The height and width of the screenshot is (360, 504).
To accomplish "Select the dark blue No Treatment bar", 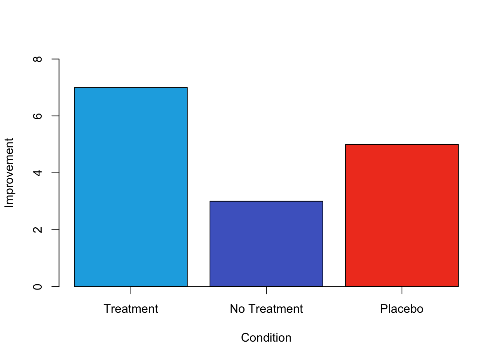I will pyautogui.click(x=266, y=244).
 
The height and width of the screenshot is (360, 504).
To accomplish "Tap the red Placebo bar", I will pyautogui.click(x=402, y=215).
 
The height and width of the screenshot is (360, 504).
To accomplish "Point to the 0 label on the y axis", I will pyautogui.click(x=37, y=287).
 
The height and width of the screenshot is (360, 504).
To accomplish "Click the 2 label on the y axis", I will pyautogui.click(x=37, y=229).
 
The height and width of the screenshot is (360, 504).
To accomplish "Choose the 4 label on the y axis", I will pyautogui.click(x=37, y=173).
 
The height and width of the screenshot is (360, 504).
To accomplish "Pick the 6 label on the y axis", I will pyautogui.click(x=37, y=116).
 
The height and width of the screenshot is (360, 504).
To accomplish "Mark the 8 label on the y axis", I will pyautogui.click(x=37, y=59).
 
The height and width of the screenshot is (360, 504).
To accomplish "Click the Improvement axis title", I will pyautogui.click(x=9, y=172).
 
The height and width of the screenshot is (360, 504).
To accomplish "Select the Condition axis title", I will pyautogui.click(x=266, y=337).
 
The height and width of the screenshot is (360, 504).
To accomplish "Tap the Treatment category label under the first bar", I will pyautogui.click(x=131, y=309).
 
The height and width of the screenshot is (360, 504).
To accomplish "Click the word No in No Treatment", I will pyautogui.click(x=237, y=309).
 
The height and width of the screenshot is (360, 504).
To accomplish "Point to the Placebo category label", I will pyautogui.click(x=402, y=309).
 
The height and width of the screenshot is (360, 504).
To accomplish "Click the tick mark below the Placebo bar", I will pyautogui.click(x=402, y=290).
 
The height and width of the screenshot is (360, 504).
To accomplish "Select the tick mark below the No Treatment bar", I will pyautogui.click(x=266, y=290).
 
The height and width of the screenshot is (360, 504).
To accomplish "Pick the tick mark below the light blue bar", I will pyautogui.click(x=131, y=290).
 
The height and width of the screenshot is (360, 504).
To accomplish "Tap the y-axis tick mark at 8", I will pyautogui.click(x=55, y=59).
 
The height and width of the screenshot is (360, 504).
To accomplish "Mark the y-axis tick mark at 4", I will pyautogui.click(x=55, y=173).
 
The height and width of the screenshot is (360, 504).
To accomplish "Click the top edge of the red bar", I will pyautogui.click(x=402, y=144).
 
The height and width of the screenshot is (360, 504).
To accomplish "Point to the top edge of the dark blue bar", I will pyautogui.click(x=266, y=201).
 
